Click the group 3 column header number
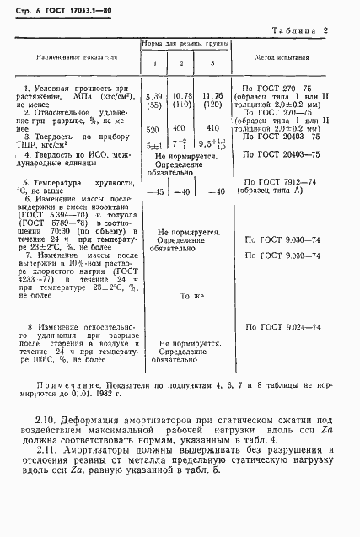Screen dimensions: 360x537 [x=212, y=64]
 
